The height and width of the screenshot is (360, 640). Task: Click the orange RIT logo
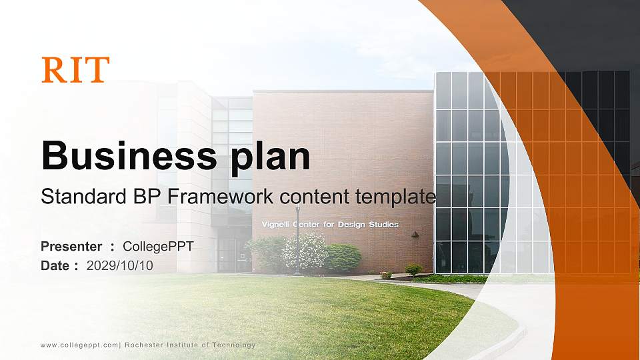point(75,70)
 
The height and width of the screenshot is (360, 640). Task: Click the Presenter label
point(71,247)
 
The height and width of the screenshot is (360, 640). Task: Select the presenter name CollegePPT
point(158,247)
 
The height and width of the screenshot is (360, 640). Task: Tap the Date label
point(56,265)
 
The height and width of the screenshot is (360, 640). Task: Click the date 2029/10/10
point(120,265)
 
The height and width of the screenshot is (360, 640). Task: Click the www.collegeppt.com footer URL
point(79,345)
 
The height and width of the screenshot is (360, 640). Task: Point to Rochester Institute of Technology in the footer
point(190,345)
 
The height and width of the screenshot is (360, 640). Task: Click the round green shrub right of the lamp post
point(343,257)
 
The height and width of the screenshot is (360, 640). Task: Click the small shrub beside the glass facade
point(414,269)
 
